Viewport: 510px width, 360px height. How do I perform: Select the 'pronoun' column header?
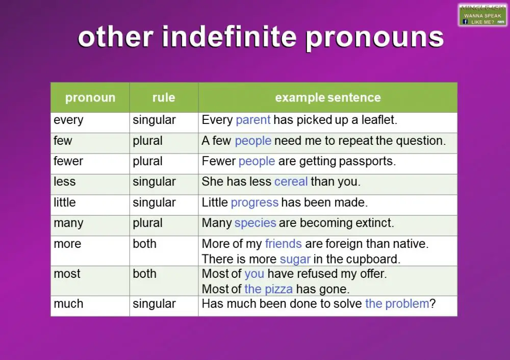(90, 97)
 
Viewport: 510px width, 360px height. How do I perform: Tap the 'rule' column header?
(164, 97)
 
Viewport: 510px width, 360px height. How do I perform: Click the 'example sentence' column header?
(328, 97)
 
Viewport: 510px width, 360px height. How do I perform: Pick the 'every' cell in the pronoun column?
(68, 120)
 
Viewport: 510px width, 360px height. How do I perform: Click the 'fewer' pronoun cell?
(68, 161)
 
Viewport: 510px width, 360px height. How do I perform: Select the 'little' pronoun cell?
(65, 202)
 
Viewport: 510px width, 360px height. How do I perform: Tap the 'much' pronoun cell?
(68, 304)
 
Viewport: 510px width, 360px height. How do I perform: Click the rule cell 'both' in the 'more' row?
(145, 244)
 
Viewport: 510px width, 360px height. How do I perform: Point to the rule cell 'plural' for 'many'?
(148, 223)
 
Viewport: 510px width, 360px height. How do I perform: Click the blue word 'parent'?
(253, 120)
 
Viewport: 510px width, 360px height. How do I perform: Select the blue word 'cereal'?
(291, 182)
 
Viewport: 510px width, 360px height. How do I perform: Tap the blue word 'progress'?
(254, 202)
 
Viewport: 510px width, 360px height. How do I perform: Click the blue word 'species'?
(255, 223)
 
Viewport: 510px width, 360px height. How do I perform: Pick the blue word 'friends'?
(283, 244)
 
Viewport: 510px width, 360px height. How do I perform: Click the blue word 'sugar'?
(295, 259)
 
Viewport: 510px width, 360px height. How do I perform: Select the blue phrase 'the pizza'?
(268, 289)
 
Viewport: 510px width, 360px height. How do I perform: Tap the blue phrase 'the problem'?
(397, 304)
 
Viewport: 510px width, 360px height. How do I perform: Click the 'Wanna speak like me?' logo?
(482, 15)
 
